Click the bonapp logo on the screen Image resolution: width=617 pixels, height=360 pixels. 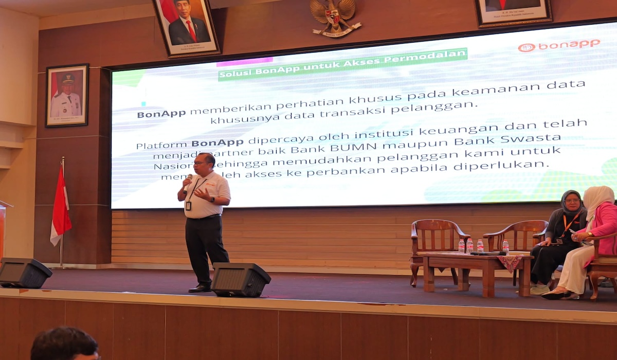(x=559, y=45)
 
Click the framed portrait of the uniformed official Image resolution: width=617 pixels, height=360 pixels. (x=67, y=96)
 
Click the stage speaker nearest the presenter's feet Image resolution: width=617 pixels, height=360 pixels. (x=240, y=279)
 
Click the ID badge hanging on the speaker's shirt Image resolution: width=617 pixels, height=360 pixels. (x=188, y=206)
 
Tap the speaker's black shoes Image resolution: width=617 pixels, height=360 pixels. (x=200, y=288)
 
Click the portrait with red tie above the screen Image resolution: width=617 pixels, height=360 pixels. (x=186, y=26)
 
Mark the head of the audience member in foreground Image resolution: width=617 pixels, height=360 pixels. (x=64, y=344)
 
